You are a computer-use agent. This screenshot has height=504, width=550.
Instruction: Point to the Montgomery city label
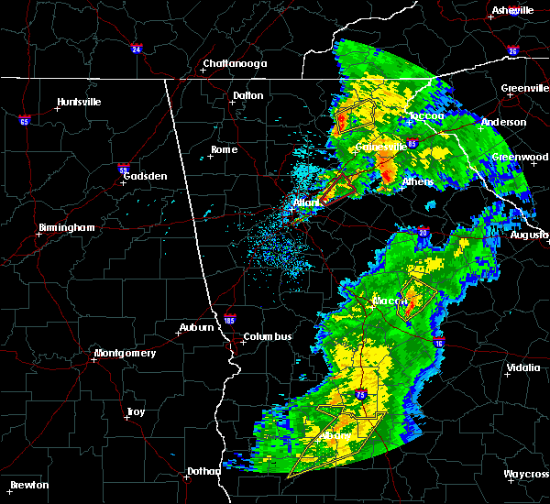[125, 353]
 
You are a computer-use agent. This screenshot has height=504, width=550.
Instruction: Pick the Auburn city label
[197, 327]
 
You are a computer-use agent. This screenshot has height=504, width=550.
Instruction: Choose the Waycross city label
[526, 474]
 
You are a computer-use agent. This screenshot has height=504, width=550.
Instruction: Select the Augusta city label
[530, 236]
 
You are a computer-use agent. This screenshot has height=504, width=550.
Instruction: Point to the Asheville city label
[512, 10]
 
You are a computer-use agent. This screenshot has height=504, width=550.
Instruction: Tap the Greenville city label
[524, 89]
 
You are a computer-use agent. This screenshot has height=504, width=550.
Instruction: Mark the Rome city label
[224, 149]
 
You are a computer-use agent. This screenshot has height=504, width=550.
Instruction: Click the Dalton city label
[247, 95]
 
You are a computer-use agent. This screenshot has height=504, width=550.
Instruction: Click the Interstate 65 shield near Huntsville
[24, 120]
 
